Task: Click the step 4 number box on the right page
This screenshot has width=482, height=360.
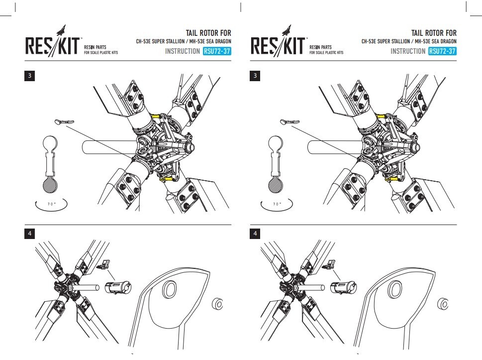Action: [256, 233]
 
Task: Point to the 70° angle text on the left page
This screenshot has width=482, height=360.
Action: [50, 204]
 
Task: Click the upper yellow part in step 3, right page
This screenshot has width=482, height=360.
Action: [383, 117]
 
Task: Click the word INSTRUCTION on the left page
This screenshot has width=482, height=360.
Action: [183, 51]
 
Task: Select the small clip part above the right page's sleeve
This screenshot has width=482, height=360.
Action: [330, 265]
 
